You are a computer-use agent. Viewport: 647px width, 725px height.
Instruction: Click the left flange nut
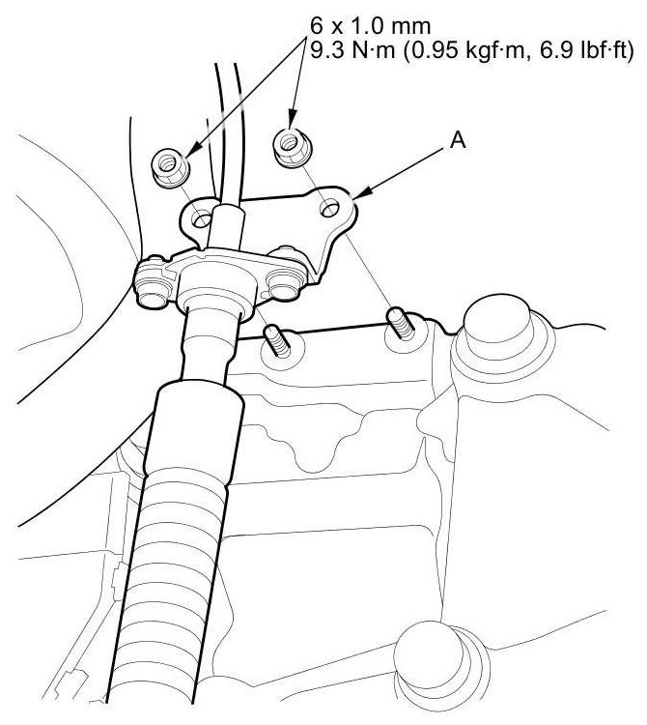(170, 167)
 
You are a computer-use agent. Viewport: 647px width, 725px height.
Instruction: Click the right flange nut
(292, 148)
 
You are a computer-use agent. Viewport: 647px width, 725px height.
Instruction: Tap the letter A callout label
(458, 139)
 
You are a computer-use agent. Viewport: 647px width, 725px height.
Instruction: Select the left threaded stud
(276, 340)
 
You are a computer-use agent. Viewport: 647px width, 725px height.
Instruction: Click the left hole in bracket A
(202, 217)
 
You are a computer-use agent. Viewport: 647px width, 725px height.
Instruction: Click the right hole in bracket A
(330, 209)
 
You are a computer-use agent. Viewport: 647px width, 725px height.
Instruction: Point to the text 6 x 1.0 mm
(370, 26)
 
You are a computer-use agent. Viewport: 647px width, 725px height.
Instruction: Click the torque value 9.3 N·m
(352, 51)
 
